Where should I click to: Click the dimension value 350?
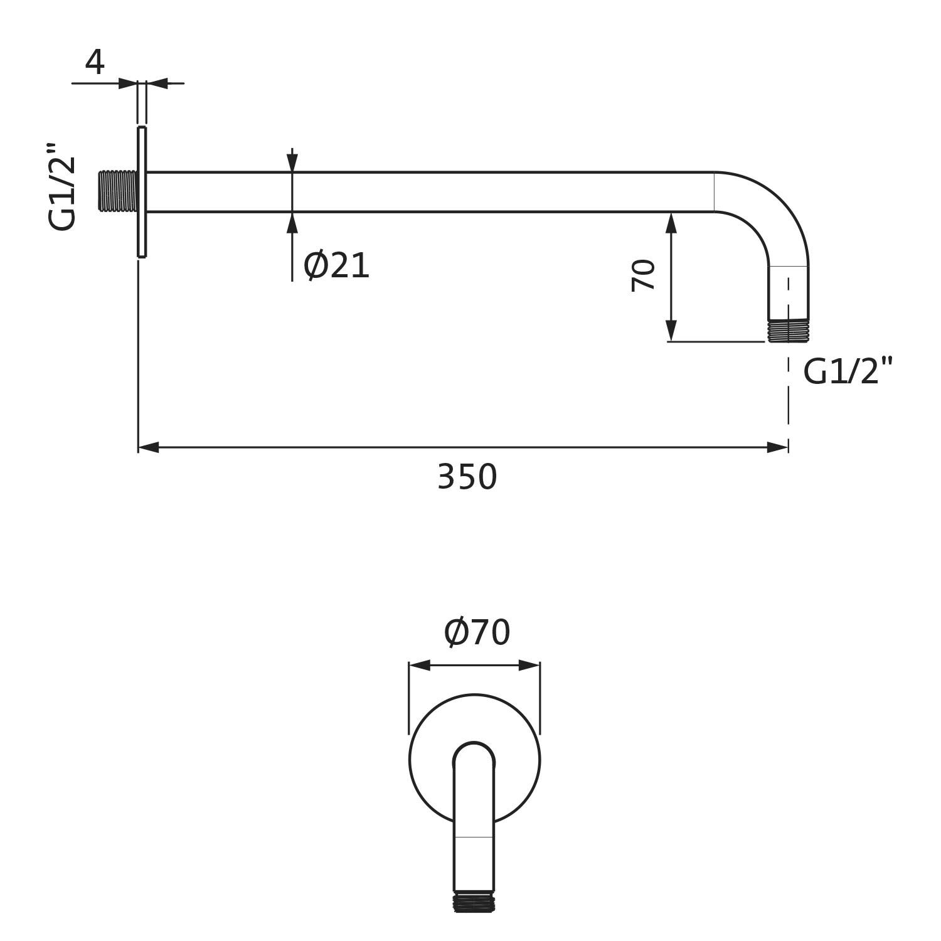(467, 477)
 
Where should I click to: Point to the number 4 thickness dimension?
(95, 63)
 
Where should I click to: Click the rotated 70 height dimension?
(644, 275)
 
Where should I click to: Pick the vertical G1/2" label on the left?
(63, 186)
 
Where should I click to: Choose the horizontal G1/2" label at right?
(848, 371)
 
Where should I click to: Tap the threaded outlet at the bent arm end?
(789, 331)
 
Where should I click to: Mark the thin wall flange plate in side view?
(142, 192)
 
